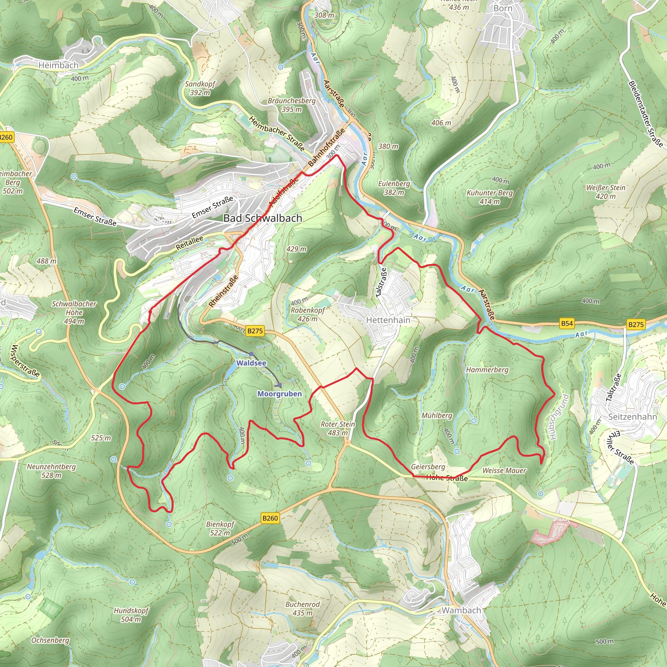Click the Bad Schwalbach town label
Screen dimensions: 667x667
click(x=263, y=218)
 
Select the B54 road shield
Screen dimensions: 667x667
click(x=567, y=323)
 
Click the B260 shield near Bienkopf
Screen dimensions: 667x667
click(x=270, y=518)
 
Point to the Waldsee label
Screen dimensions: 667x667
click(x=251, y=363)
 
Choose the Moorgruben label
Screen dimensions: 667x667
click(x=279, y=394)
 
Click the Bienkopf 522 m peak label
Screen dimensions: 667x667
click(x=220, y=529)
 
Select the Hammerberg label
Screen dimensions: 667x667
click(x=487, y=370)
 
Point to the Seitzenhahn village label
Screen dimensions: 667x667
click(x=632, y=417)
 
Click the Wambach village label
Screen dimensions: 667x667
click(x=461, y=610)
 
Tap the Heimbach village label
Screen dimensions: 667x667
click(x=58, y=65)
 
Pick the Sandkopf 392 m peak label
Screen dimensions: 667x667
click(x=200, y=88)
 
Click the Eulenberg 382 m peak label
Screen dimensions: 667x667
click(x=394, y=188)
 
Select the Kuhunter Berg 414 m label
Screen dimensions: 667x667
click(x=490, y=197)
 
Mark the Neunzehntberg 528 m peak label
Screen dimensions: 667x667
click(x=51, y=471)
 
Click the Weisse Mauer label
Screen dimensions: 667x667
click(x=504, y=471)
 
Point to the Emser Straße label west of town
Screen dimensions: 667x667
click(x=95, y=217)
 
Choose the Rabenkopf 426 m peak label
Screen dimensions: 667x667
click(x=307, y=314)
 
